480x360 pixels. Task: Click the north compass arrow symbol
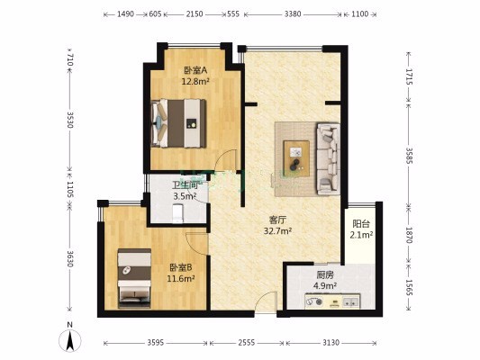(x=70, y=340)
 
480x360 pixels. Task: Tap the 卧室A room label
(x=195, y=71)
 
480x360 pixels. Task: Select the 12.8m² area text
(x=195, y=82)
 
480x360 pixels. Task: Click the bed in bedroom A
(x=179, y=123)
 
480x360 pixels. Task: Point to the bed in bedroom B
(x=135, y=278)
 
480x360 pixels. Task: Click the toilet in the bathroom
(x=177, y=213)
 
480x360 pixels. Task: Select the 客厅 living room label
(x=277, y=220)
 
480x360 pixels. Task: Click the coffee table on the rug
(x=296, y=158)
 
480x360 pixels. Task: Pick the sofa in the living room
(x=328, y=158)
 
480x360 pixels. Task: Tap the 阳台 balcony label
(x=361, y=224)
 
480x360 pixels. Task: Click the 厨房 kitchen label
(x=325, y=275)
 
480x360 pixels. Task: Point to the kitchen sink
(x=351, y=302)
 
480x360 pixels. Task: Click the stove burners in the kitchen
(x=314, y=301)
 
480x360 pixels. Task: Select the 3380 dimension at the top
(x=293, y=14)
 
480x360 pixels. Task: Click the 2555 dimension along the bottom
(x=247, y=343)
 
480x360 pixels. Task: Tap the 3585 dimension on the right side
(x=409, y=156)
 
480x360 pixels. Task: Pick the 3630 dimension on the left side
(x=70, y=259)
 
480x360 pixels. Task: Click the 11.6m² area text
(x=181, y=279)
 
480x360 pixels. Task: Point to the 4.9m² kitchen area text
(x=325, y=286)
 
